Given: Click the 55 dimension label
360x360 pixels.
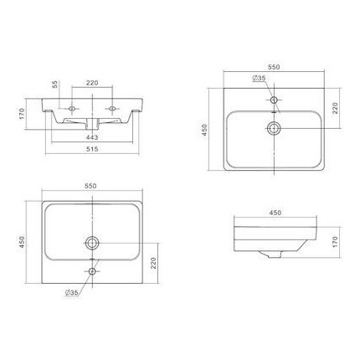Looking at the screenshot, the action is click(x=55, y=85).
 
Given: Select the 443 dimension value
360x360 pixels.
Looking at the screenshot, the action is click(x=92, y=137).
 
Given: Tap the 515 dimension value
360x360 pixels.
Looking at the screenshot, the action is click(x=92, y=149).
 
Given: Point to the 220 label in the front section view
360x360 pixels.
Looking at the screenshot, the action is click(x=92, y=83).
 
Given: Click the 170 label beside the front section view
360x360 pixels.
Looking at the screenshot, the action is click(x=23, y=114).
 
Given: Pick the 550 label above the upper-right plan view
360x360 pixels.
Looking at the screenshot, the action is click(x=274, y=67).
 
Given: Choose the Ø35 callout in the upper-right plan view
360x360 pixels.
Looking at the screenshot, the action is click(x=259, y=78).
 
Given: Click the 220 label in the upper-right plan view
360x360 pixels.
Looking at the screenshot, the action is click(x=335, y=108).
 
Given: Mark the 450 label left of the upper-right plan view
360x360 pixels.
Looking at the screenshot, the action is click(x=205, y=130).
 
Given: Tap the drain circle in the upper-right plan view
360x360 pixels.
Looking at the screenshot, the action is click(x=274, y=128).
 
